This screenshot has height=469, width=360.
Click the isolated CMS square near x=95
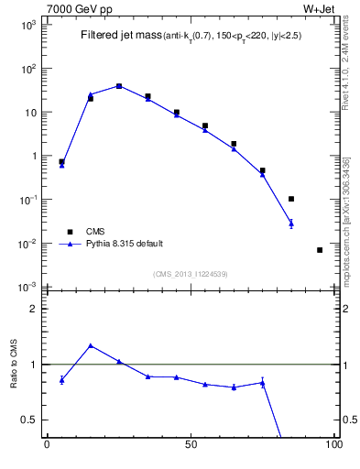pos(320,250)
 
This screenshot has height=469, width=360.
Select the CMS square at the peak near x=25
pos(119,86)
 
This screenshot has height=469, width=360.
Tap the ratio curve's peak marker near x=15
pos(90,345)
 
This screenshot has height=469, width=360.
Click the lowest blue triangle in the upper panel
pos(291,223)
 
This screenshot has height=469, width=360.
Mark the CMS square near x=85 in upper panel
pos(291,199)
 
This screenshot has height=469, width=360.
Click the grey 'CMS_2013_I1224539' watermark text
pos(190,273)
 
